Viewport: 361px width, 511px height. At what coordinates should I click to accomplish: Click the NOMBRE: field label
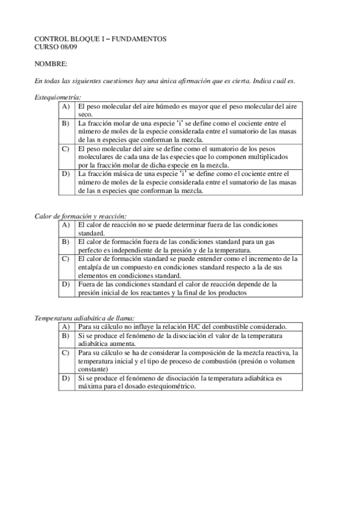click(x=51, y=63)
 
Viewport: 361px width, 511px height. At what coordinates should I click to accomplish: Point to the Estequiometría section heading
click(x=57, y=97)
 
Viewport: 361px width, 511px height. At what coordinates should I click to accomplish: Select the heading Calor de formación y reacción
click(x=80, y=216)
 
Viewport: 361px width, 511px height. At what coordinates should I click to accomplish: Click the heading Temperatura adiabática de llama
click(x=84, y=318)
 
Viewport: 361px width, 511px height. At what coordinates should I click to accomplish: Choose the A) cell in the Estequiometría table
click(x=66, y=106)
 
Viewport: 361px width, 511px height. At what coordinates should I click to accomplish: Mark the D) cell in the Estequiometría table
click(x=66, y=174)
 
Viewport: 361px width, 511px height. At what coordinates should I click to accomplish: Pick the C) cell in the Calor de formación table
click(x=66, y=259)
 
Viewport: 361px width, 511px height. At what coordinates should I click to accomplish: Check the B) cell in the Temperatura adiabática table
click(x=66, y=336)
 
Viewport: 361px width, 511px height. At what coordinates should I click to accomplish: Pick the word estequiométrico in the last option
click(x=169, y=386)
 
